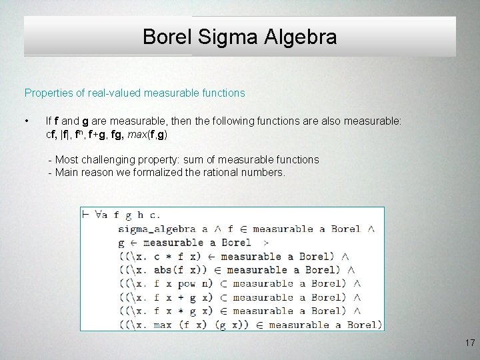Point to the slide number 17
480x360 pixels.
pos(469,343)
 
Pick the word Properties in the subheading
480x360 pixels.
pos(47,93)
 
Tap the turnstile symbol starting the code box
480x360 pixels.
pos(86,215)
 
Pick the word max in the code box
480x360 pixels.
pos(157,325)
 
